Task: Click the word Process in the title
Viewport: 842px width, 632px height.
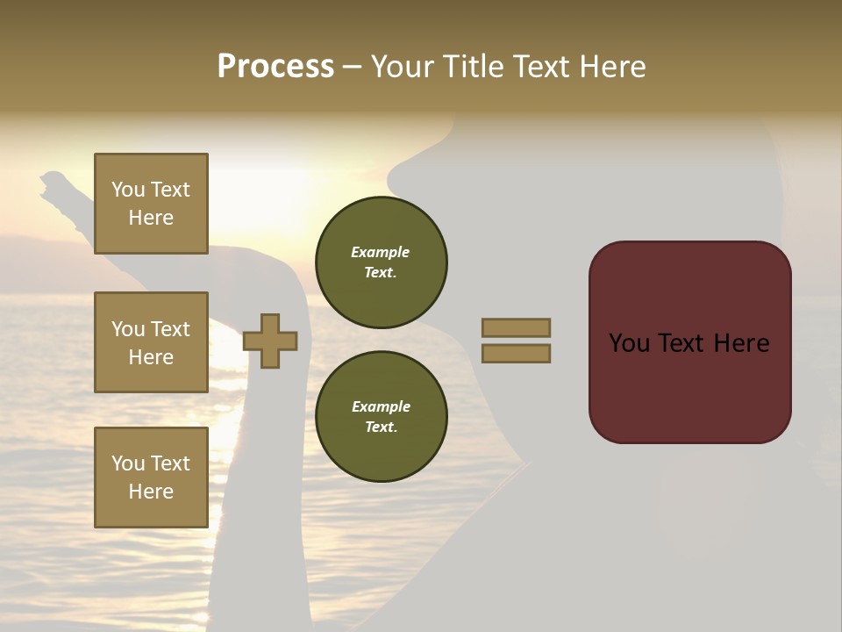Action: click(x=275, y=67)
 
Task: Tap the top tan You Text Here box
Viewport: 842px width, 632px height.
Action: click(x=151, y=204)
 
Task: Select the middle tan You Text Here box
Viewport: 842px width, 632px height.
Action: click(x=151, y=342)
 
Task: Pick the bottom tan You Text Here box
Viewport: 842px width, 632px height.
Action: click(x=151, y=478)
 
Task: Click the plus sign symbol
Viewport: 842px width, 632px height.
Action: click(x=270, y=341)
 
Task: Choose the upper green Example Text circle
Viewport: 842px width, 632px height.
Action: click(x=381, y=262)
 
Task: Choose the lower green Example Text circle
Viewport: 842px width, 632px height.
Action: click(x=381, y=417)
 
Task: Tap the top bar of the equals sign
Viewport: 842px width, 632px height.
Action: click(x=516, y=327)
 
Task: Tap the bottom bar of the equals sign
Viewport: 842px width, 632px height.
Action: click(x=516, y=354)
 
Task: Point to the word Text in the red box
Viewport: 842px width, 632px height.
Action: click(x=682, y=343)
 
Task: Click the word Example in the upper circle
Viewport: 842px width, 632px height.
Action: click(x=380, y=252)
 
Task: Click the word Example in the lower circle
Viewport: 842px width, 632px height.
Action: click(x=381, y=406)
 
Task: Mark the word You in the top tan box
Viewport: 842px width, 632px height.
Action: click(x=128, y=190)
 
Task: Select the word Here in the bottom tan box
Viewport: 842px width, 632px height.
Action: click(x=151, y=492)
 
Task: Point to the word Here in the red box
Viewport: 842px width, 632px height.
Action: click(x=741, y=343)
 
